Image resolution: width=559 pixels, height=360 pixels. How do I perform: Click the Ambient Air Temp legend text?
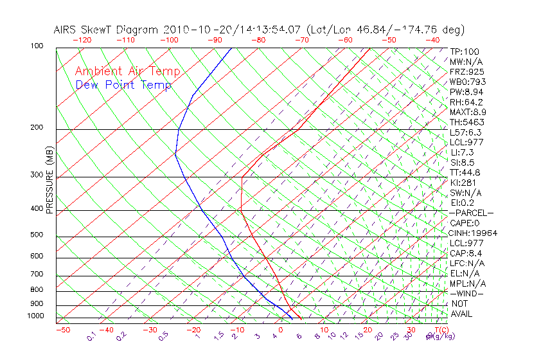point(127,71)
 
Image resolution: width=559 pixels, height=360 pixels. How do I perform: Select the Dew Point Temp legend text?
point(123,85)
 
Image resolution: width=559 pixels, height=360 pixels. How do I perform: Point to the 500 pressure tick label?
point(37,235)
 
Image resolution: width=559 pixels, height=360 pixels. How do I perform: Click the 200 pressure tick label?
point(37,127)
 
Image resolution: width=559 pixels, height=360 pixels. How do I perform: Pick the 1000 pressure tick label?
point(35,316)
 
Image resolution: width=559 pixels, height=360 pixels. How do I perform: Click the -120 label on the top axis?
point(82,40)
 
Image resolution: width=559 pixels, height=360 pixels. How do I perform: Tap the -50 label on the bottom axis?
point(62,330)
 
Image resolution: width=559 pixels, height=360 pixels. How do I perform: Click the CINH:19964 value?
point(474,233)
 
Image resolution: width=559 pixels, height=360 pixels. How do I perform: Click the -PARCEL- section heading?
point(471,213)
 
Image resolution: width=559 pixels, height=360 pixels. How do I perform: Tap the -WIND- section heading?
point(467,293)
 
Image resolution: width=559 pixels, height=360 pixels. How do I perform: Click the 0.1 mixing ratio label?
point(92,336)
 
